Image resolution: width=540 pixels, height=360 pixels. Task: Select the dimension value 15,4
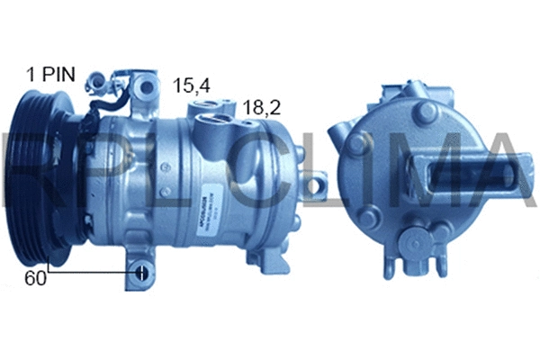[x=192, y=85]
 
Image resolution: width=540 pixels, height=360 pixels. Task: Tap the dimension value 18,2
[x=261, y=107]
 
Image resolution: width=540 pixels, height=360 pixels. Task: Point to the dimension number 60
[x=34, y=277]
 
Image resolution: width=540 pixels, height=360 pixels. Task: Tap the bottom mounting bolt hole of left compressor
[x=141, y=272]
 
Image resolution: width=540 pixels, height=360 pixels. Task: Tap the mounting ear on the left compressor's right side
[x=315, y=187]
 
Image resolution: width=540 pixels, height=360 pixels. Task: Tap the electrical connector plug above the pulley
[x=101, y=85]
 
